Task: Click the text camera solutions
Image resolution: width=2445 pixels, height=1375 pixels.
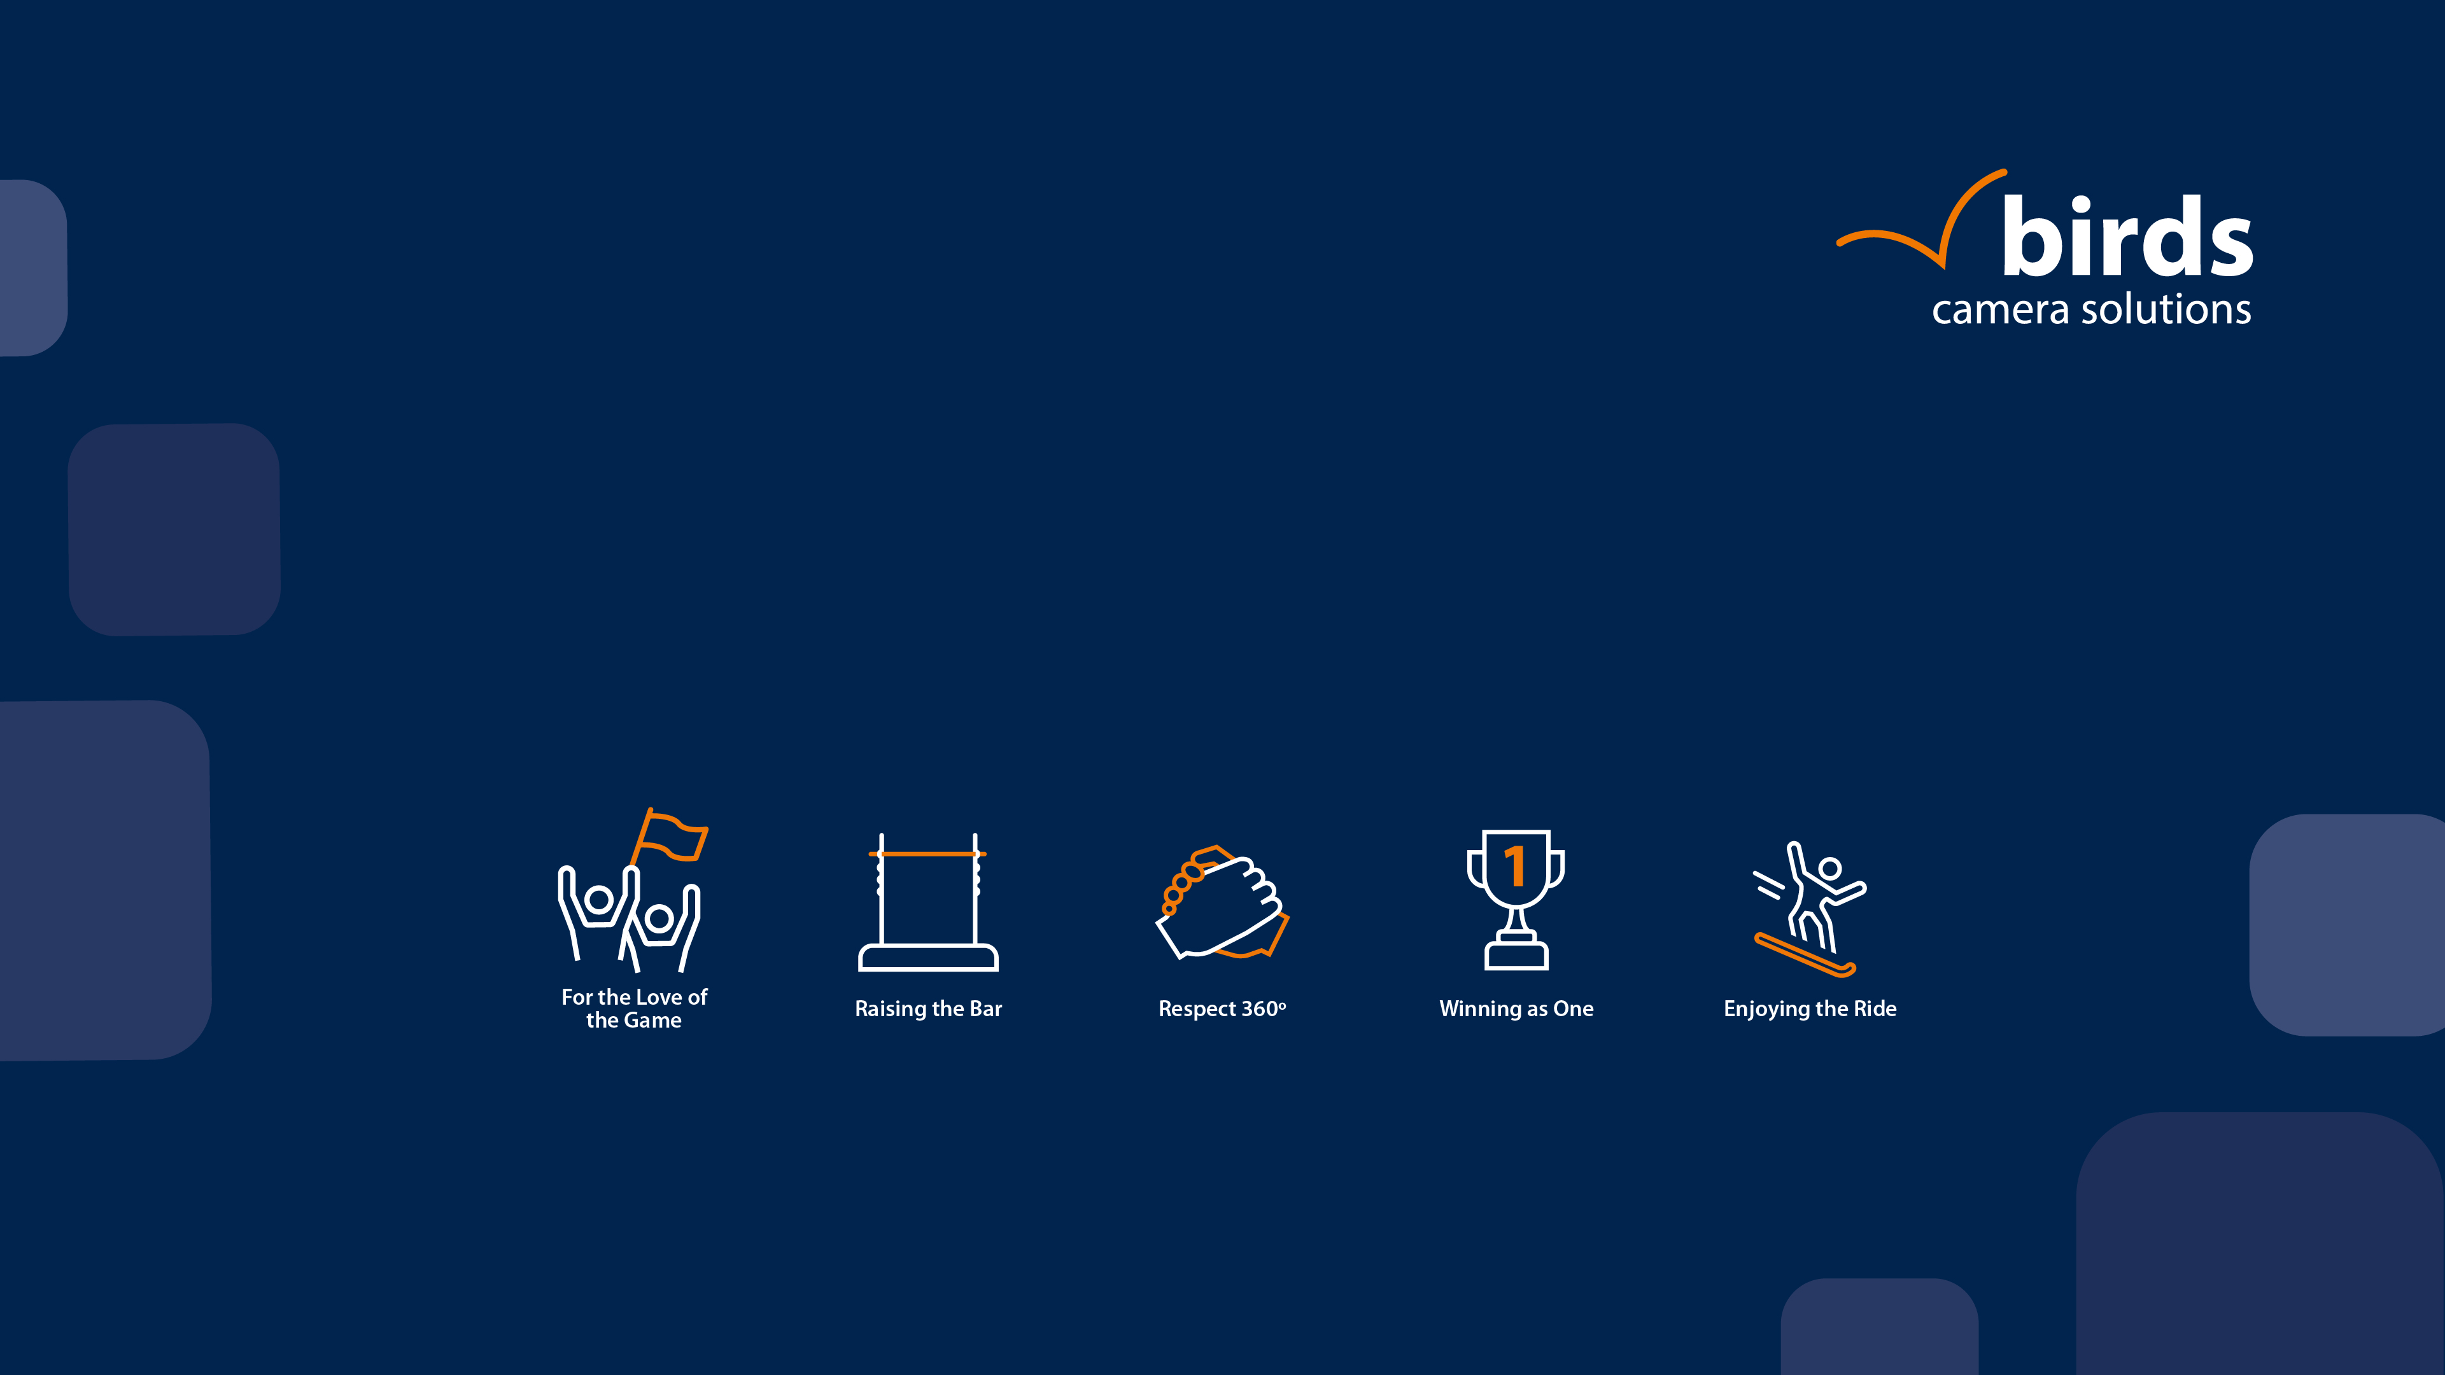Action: click(2091, 309)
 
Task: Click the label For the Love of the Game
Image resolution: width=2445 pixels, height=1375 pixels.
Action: click(634, 1009)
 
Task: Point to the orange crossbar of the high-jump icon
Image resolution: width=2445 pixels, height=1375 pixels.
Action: click(927, 854)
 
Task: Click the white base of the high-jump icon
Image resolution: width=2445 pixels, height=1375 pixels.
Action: click(928, 958)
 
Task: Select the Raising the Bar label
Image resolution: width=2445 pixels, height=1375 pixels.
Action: click(928, 1009)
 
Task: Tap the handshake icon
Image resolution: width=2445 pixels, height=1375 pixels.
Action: click(1222, 902)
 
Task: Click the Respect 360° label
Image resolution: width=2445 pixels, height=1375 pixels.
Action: click(1222, 1009)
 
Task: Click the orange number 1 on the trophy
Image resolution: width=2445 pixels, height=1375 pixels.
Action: click(1516, 865)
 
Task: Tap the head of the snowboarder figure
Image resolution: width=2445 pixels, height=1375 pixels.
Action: click(1830, 869)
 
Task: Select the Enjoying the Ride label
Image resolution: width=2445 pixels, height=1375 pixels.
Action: click(1810, 1009)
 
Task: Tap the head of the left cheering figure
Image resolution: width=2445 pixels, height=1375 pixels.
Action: click(599, 898)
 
